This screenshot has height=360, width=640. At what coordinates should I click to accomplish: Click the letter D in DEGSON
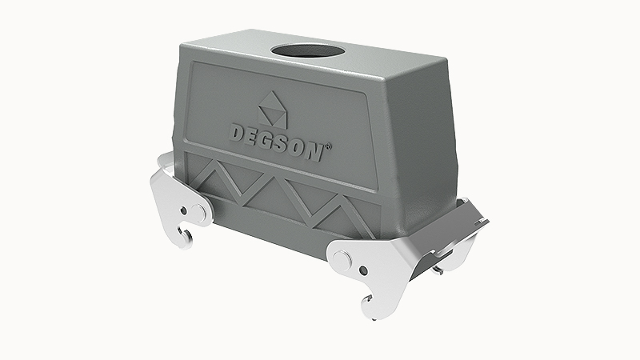click(x=238, y=133)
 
